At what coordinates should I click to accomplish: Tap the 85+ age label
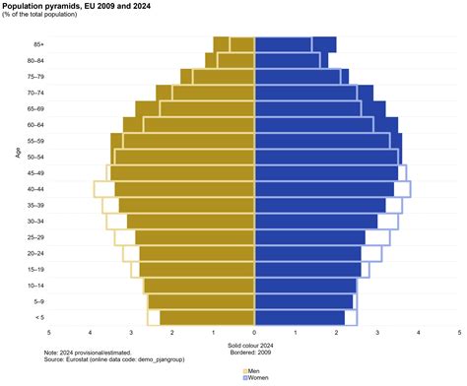click(37, 44)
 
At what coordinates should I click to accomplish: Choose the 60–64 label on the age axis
click(35, 125)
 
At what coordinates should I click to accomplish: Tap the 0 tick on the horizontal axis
click(254, 333)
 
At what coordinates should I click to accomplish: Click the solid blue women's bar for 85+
click(295, 44)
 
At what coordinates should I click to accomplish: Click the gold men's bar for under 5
click(207, 317)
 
